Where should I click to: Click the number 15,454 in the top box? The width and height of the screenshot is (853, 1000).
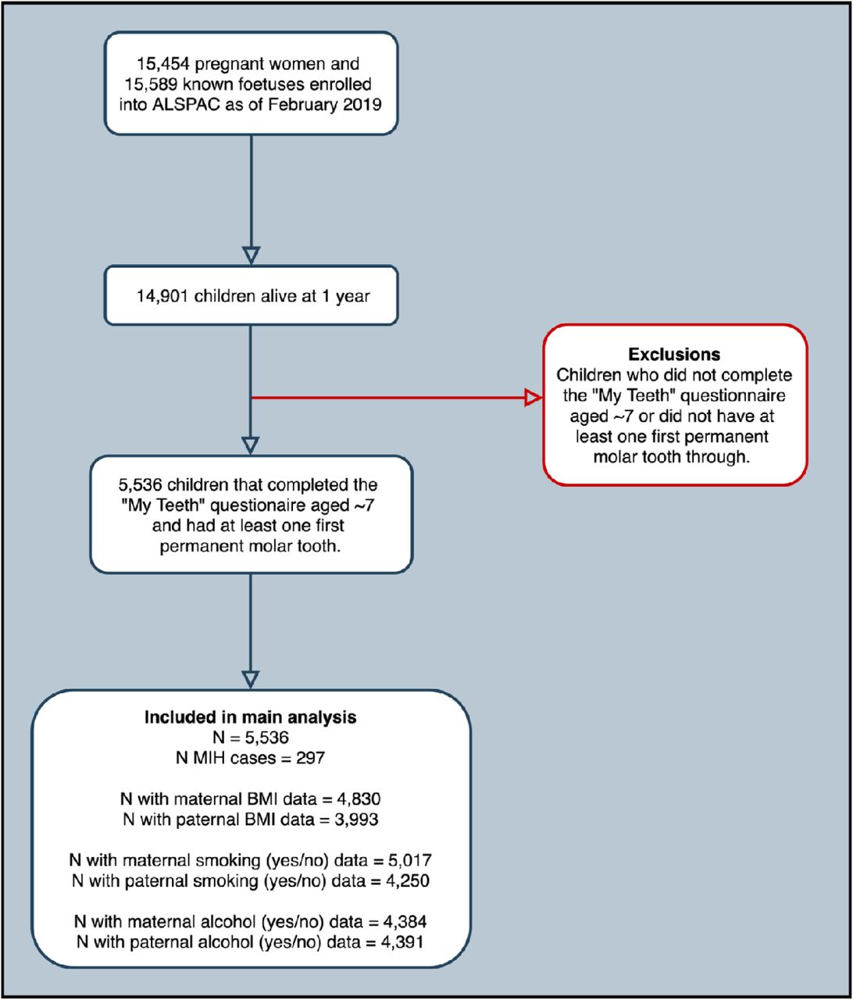tap(163, 64)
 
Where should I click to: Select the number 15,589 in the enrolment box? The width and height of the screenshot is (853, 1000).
tap(152, 84)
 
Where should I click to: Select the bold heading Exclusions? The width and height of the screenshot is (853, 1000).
tap(674, 355)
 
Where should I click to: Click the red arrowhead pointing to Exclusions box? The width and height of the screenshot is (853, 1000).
tap(534, 398)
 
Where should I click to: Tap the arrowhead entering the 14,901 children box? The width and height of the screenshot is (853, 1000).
tap(251, 255)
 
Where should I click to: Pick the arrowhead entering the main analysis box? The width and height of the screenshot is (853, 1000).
tap(250, 679)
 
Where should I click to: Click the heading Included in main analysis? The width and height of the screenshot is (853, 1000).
tap(250, 717)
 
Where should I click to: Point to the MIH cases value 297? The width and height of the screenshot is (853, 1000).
tap(311, 758)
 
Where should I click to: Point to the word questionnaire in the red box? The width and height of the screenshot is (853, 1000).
tap(733, 396)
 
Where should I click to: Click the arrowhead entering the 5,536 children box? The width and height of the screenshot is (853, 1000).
tap(250, 445)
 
